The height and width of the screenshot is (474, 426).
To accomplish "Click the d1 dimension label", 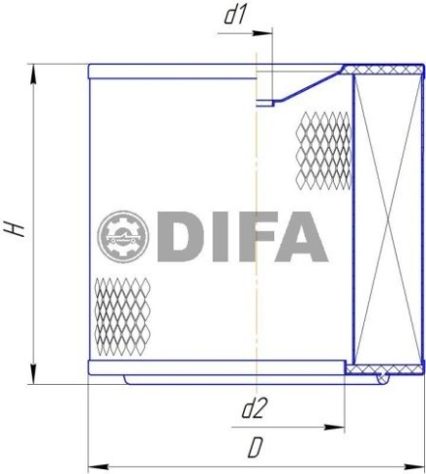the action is (235, 16).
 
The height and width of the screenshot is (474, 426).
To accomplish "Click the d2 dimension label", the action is (253, 409).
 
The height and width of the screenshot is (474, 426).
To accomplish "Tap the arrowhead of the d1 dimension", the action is (262, 33).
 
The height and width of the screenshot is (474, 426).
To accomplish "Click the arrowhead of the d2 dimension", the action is (334, 427).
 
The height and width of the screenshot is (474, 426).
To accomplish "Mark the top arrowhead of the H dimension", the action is (33, 75).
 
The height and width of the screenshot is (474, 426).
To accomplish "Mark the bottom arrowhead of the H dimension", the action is (33, 373).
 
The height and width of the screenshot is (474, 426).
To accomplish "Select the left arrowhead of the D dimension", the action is (99, 466).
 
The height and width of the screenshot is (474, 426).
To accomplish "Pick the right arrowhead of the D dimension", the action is (414, 466).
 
